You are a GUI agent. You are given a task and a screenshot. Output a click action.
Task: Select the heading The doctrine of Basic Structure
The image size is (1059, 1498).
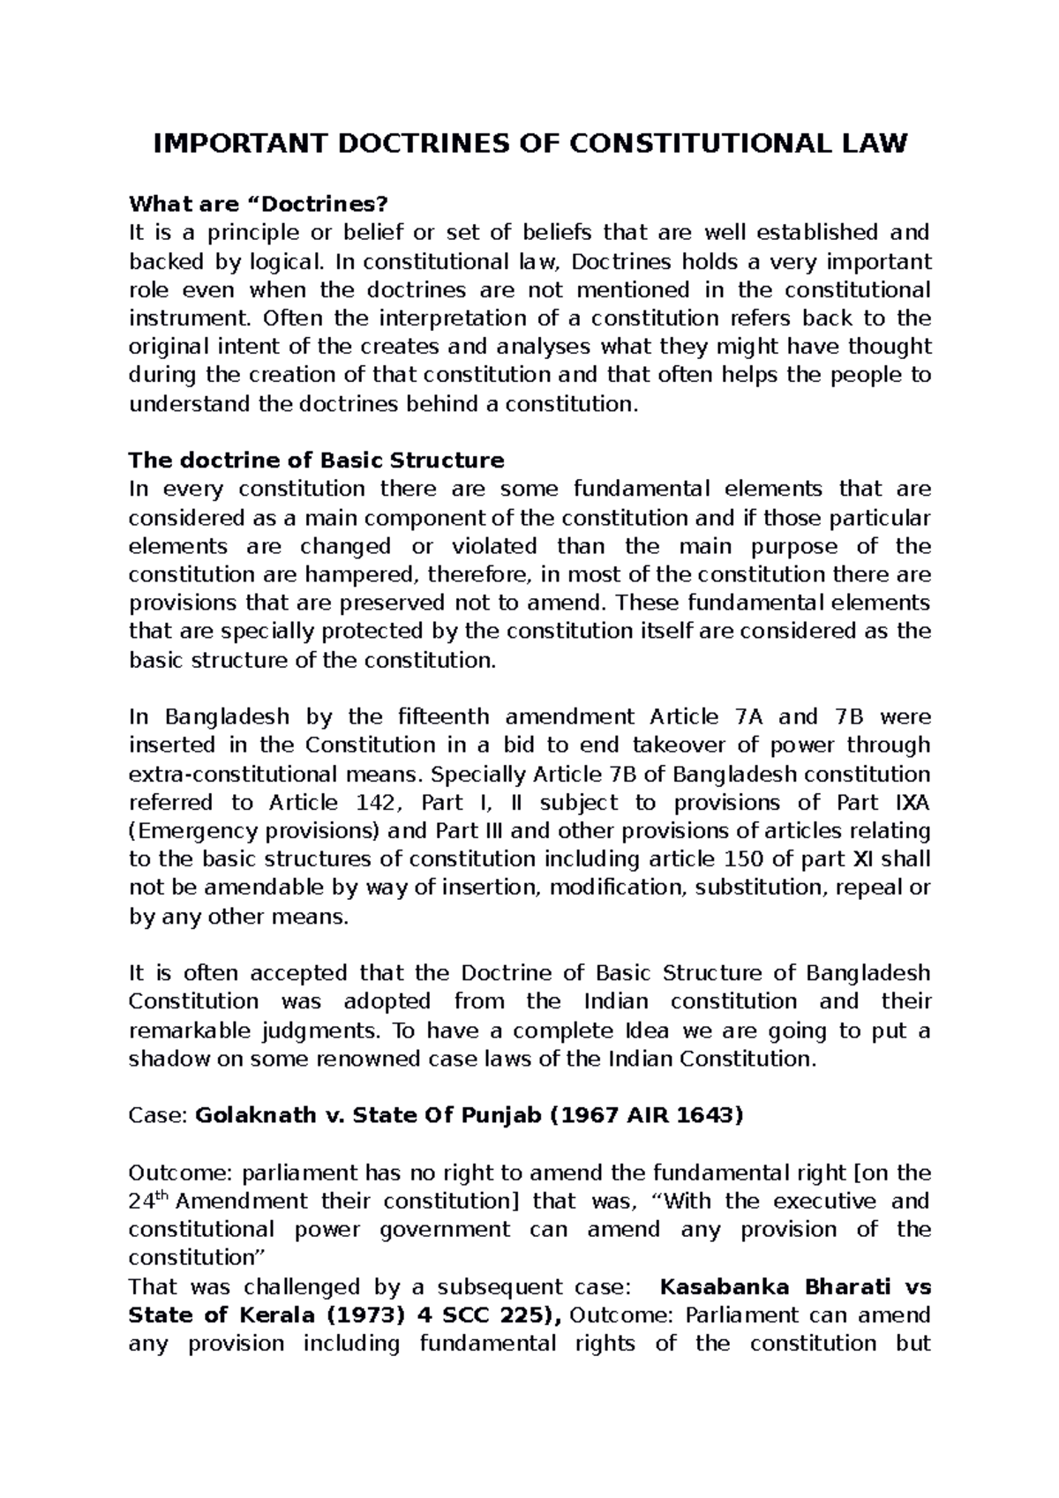coord(316,460)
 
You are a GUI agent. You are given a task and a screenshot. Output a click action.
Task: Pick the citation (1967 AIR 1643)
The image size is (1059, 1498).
coord(647,1115)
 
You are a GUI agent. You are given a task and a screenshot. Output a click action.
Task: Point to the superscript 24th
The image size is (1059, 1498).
coord(142,1199)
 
